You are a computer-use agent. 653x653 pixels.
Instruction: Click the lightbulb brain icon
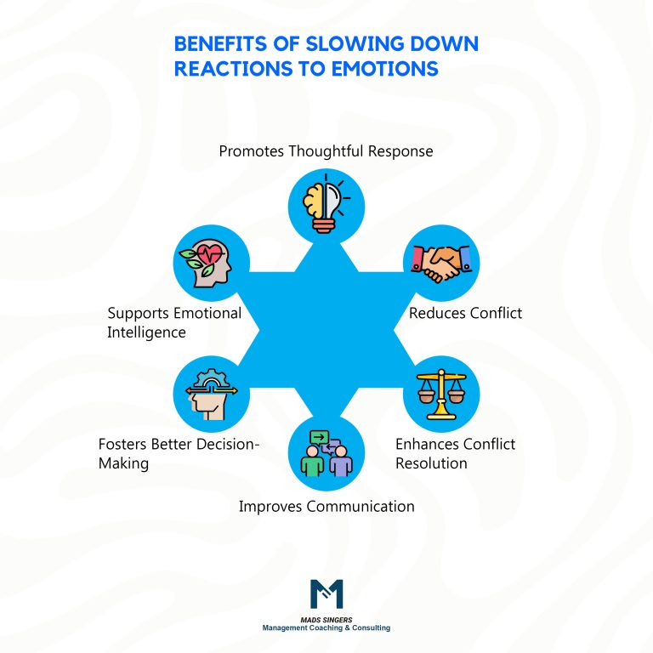click(x=326, y=203)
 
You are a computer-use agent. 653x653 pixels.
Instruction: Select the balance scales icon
click(x=440, y=395)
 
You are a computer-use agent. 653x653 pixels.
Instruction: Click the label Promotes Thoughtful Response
click(x=326, y=151)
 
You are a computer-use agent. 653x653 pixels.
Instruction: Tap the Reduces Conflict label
click(x=465, y=313)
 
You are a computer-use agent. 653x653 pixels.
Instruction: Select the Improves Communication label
click(x=326, y=506)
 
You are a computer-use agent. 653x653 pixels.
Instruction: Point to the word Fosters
click(x=125, y=444)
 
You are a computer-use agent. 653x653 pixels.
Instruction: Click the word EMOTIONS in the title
click(x=392, y=68)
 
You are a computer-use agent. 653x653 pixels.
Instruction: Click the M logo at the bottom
click(x=326, y=593)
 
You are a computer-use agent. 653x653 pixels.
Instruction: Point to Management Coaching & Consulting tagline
click(x=326, y=628)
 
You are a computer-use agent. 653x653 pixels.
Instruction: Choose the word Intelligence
click(x=146, y=332)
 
